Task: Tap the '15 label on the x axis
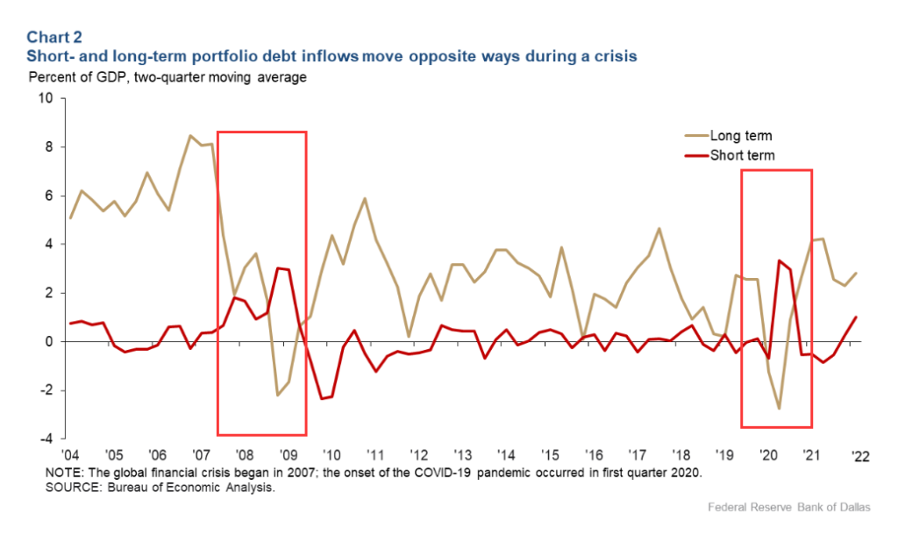pyautogui.click(x=550, y=456)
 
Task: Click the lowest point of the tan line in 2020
pyautogui.click(x=779, y=409)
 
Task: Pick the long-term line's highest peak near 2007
pyautogui.click(x=190, y=135)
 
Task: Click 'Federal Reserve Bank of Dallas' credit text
pyautogui.click(x=775, y=509)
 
